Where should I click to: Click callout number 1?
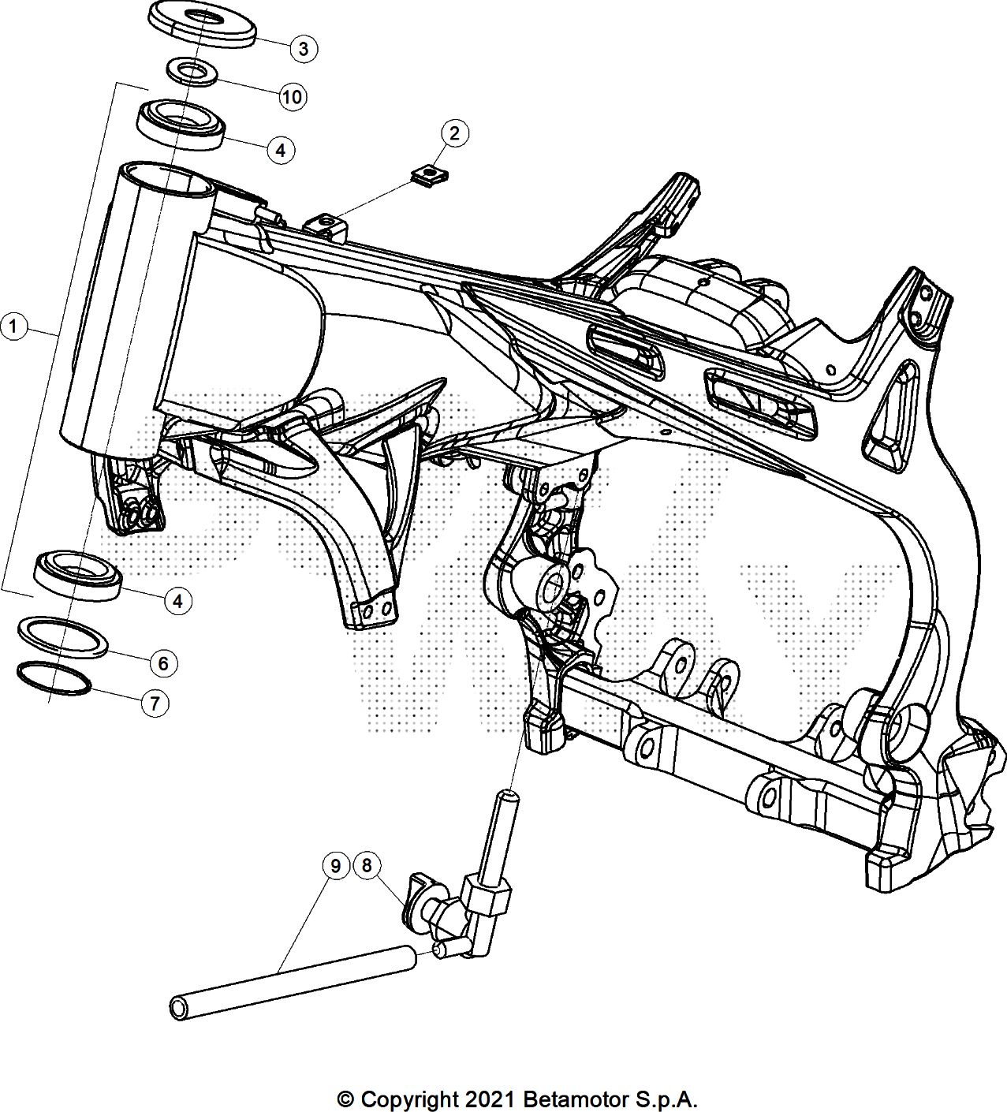[14, 325]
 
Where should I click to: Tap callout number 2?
[454, 133]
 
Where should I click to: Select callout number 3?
[303, 48]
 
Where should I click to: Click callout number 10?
[291, 97]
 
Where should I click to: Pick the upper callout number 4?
[281, 148]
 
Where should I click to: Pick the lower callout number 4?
[178, 601]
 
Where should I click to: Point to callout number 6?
[163, 663]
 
